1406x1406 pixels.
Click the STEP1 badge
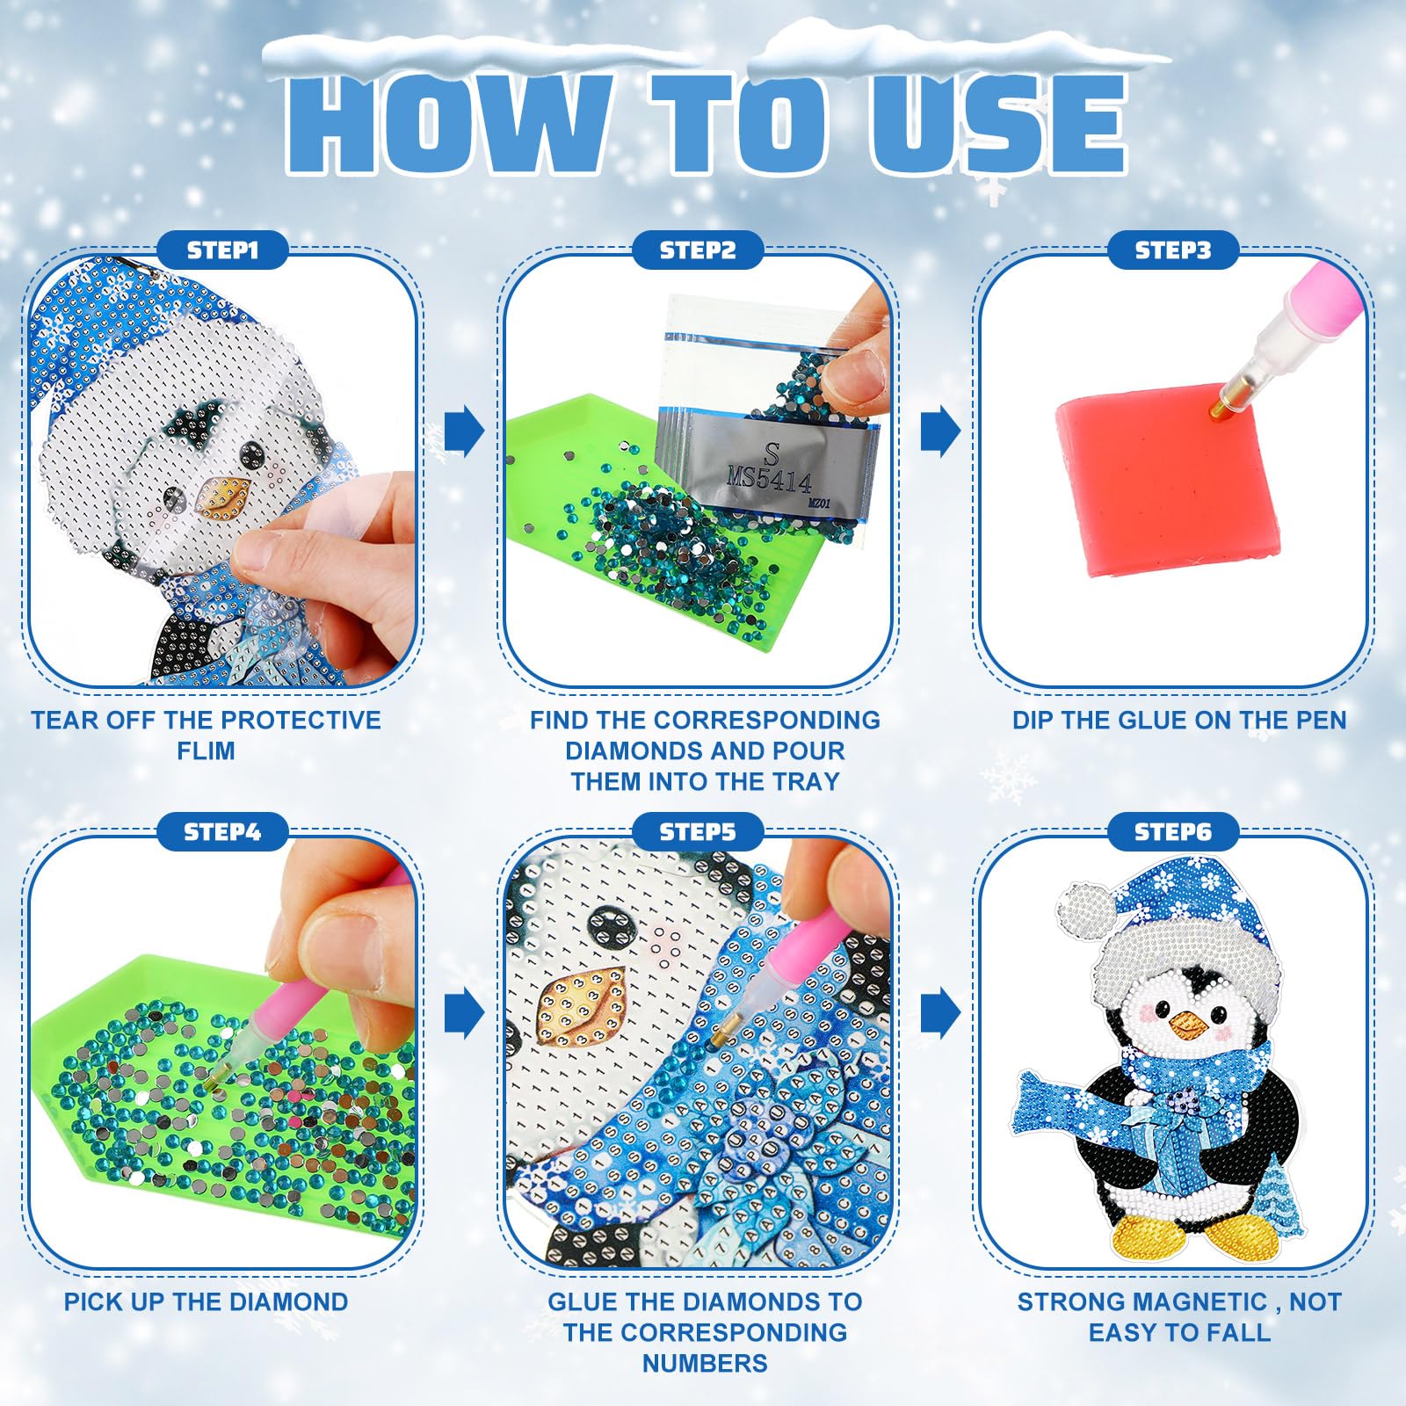tap(223, 250)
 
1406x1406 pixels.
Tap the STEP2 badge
tap(698, 250)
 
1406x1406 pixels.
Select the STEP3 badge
tap(1173, 250)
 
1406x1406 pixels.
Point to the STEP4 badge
tap(223, 831)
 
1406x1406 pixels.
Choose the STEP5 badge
tap(698, 831)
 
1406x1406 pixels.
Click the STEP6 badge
tap(1173, 831)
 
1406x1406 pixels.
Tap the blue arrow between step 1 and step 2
tap(464, 431)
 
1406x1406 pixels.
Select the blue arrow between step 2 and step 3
tap(940, 431)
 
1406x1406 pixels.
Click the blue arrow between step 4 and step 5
tap(464, 1013)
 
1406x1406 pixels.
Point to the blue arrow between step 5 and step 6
tap(940, 1013)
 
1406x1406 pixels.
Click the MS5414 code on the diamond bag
tap(770, 480)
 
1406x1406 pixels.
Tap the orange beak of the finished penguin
tap(1188, 1022)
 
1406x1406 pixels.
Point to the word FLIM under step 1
tap(206, 751)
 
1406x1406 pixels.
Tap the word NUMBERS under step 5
tap(705, 1363)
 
